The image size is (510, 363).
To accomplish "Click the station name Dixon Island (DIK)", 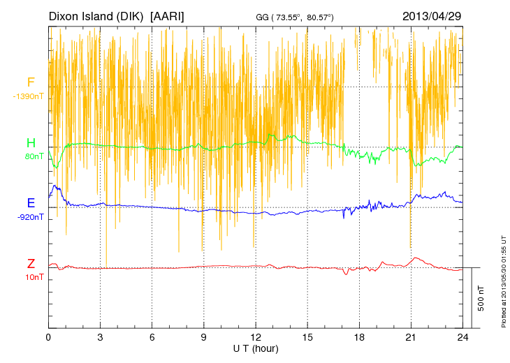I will coord(95,15).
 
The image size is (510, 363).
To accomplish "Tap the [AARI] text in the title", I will coord(168,15).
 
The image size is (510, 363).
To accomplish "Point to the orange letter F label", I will coord(31,82).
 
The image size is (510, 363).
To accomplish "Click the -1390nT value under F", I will coord(28,96).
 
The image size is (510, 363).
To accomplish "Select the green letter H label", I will coord(31,143).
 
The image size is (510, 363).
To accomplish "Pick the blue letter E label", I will coord(31,203).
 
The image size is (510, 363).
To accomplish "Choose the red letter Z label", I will coord(31,264).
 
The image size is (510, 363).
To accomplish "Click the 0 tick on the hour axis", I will coord(48,336).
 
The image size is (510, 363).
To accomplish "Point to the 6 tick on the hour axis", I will coord(152,336).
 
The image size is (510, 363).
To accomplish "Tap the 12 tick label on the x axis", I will coord(256,336).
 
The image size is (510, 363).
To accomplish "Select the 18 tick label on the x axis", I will coord(359,336).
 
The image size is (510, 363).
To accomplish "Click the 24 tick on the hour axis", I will coord(462,336).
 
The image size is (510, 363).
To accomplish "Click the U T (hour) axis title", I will coord(256,348).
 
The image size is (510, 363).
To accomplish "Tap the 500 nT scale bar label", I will coord(481,298).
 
